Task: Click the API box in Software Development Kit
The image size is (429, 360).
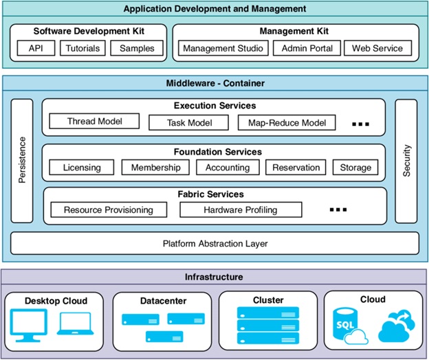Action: coord(36,49)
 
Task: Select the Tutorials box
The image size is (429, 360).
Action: coord(82,49)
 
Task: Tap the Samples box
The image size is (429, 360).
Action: coord(137,49)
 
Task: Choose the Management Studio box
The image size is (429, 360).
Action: coord(221,49)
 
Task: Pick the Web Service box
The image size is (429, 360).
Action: coord(377,49)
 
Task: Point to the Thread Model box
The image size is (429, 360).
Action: coord(95,122)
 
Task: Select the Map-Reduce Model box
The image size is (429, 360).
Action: coord(287,123)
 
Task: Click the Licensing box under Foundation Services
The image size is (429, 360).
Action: coord(82,167)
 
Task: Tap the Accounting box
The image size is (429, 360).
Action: coord(228,167)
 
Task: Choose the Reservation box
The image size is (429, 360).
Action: coord(296,167)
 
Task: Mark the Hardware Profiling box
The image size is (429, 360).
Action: coord(241,210)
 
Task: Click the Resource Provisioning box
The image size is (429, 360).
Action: coord(108,210)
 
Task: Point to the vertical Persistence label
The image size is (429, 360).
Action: coord(21,161)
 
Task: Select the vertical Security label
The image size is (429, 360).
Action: coord(406,161)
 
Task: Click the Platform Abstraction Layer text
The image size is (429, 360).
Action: coord(214,243)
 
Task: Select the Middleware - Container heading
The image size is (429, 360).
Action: coord(214,83)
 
